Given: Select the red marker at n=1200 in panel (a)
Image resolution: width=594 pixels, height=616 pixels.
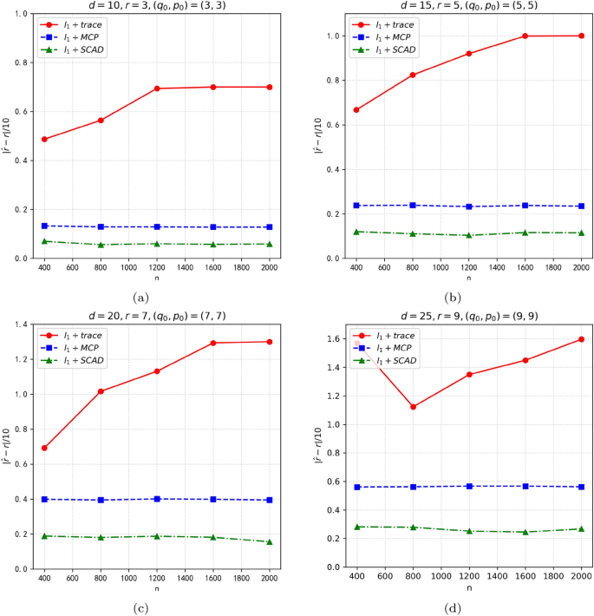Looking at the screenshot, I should [157, 88].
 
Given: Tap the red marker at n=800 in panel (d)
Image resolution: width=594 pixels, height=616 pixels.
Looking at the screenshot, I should [413, 407].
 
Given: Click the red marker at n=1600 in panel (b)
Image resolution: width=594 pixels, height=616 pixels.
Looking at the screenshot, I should [525, 36].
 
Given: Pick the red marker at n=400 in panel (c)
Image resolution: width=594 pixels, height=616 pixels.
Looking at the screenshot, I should [44, 448].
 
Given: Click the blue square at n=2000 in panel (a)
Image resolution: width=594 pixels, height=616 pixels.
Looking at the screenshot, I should [270, 227].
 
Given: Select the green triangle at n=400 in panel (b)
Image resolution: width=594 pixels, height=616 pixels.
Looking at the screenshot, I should [356, 232].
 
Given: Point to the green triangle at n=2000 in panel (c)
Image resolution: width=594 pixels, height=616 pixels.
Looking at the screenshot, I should [270, 541].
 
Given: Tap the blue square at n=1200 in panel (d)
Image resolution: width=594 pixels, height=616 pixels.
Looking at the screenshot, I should [469, 486].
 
